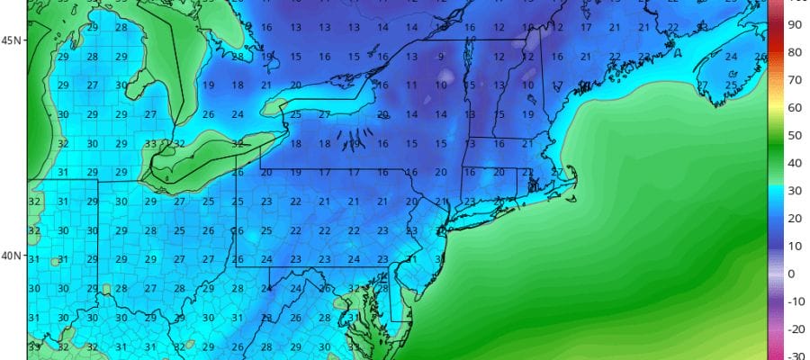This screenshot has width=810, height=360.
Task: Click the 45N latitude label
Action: point(12,40)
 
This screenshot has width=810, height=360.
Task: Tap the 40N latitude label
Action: point(12,256)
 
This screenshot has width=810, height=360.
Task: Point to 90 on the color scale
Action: point(795,25)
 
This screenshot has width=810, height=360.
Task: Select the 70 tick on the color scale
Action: point(795,80)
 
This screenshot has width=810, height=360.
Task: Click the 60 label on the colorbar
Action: point(795,108)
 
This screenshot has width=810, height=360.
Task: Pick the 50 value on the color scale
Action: point(795,136)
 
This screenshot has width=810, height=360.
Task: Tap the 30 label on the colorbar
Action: point(795,191)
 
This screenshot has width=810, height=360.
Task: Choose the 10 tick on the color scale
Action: point(795,246)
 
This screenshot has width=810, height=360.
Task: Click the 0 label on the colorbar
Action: point(792,274)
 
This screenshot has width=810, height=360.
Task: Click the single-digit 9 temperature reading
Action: point(441,57)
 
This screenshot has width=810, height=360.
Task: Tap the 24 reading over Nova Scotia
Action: point(732,57)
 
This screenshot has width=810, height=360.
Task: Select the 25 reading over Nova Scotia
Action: point(732,85)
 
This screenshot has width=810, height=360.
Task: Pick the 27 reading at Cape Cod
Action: point(557,172)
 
